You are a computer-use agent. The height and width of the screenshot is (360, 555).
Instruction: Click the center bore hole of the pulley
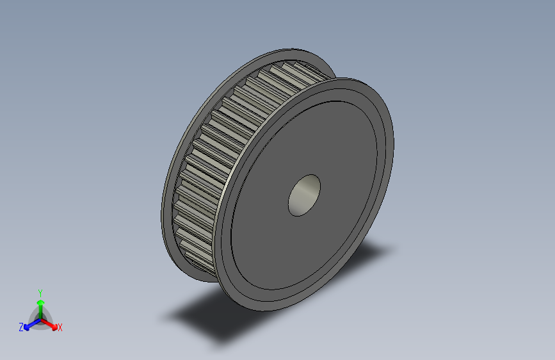point(305,195)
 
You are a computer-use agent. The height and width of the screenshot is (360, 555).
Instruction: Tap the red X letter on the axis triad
point(60,327)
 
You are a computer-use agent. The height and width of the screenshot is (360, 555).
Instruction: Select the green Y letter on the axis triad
point(40,291)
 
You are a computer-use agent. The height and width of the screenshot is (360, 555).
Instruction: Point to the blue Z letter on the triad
point(21,327)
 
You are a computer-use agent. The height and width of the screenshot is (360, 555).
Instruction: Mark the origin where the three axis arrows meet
point(40,319)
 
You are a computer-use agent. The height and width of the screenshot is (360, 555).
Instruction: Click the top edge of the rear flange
point(294,51)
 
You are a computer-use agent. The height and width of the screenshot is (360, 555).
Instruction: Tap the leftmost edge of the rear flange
point(163,211)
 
